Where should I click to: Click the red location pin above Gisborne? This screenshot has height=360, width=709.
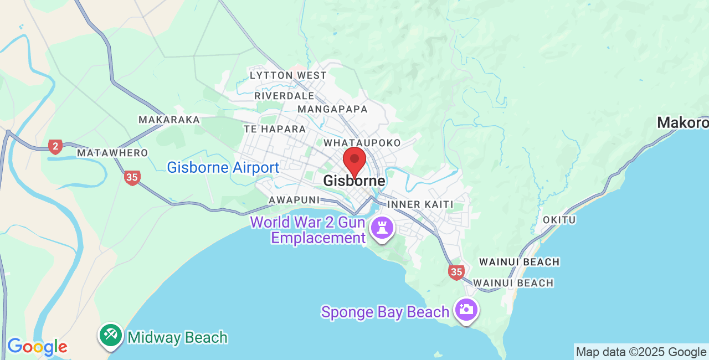[354, 161]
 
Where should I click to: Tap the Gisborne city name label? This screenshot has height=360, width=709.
[354, 181]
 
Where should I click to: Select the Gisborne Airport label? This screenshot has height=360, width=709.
[223, 167]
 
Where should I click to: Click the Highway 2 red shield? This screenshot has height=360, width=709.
[55, 147]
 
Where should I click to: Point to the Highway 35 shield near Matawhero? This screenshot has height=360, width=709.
[132, 178]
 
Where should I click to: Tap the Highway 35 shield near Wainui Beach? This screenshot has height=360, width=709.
[456, 272]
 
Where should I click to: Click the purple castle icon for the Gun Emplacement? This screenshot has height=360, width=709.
[382, 227]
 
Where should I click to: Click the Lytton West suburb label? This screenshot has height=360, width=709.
[288, 75]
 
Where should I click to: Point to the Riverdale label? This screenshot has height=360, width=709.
[284, 96]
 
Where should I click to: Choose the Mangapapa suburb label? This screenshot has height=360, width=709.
[332, 109]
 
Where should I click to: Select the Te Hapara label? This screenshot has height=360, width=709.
[275, 129]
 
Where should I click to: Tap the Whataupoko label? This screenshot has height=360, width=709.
[362, 143]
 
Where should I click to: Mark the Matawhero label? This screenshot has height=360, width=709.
[112, 153]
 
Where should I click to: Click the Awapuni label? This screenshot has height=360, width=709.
[294, 199]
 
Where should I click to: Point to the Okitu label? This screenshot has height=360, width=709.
[559, 220]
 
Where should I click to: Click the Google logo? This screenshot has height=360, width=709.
[37, 347]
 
